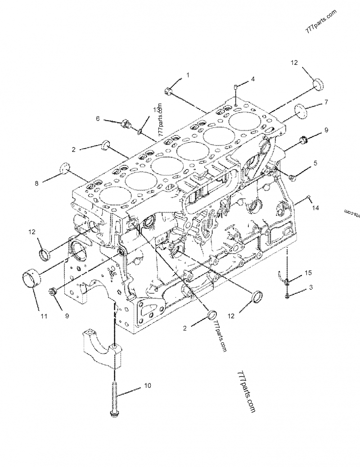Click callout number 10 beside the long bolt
click(148, 386)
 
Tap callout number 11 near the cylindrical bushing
click(44, 316)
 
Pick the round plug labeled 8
click(66, 168)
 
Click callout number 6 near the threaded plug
click(97, 118)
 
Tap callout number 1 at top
click(188, 75)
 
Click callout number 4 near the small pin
click(252, 79)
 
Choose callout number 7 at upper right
click(326, 102)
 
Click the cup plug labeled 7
click(301, 110)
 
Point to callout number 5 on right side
click(315, 163)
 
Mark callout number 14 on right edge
click(315, 208)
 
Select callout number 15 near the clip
click(308, 273)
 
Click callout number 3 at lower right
click(310, 287)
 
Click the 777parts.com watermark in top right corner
click(321, 21)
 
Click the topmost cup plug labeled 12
click(318, 84)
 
